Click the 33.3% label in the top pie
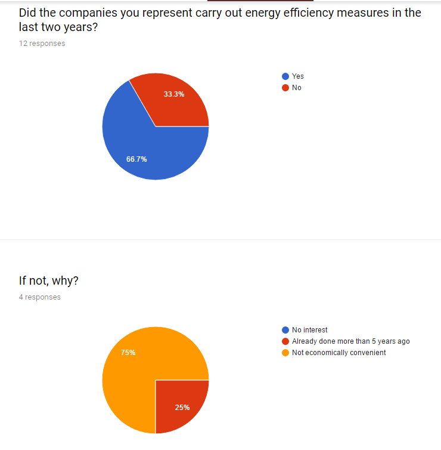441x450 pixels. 174,94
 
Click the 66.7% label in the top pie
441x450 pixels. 136,159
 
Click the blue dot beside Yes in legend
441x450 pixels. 285,76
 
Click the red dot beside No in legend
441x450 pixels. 285,88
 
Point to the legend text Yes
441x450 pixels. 298,76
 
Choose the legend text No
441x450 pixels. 297,88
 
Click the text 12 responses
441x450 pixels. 42,44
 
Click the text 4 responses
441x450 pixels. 39,297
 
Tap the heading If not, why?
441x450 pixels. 49,281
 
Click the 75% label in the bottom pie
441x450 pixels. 128,353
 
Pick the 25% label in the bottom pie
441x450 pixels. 182,408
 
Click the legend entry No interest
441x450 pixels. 309,330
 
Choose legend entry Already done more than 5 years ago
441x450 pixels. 350,341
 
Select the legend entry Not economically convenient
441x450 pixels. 338,353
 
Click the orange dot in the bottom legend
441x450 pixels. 285,353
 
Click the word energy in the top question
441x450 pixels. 257,13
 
